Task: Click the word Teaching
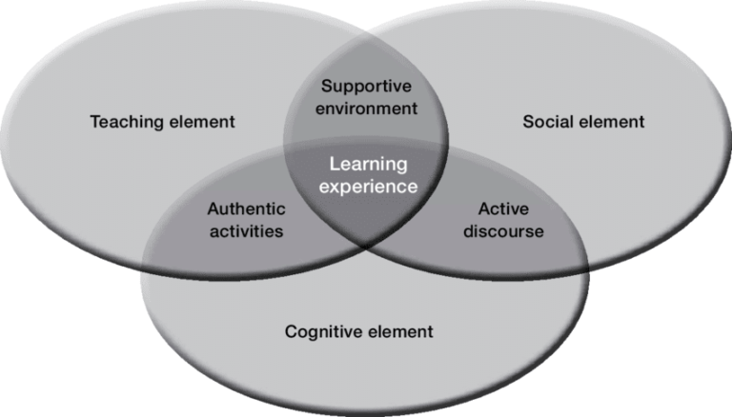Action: point(123,122)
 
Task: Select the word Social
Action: point(545,122)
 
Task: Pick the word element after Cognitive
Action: point(400,332)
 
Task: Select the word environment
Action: point(368,109)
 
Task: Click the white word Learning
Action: point(368,165)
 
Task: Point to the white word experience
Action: point(368,186)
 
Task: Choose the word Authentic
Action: point(245,208)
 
